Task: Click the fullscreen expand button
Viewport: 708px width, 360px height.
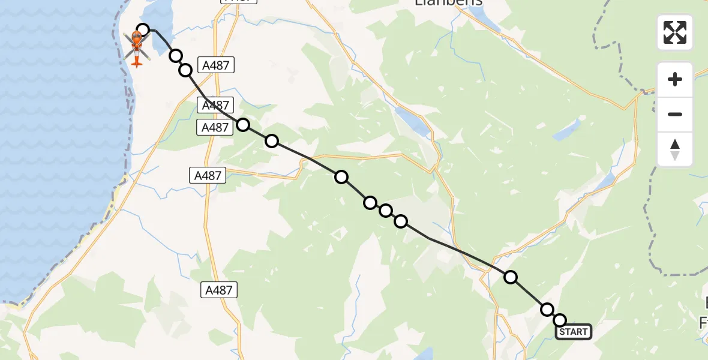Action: click(x=675, y=32)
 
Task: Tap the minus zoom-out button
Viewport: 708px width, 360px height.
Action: click(x=675, y=114)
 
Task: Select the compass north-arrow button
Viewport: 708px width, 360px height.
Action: click(x=675, y=149)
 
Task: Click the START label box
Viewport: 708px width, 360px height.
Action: click(x=574, y=332)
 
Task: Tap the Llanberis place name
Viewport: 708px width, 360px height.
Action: click(x=449, y=3)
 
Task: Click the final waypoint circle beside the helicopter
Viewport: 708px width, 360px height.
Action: click(x=143, y=29)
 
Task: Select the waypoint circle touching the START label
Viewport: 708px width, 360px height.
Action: click(x=560, y=320)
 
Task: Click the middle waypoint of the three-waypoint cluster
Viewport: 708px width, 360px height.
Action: click(x=386, y=211)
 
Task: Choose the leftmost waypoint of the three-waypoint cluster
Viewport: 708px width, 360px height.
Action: click(x=370, y=203)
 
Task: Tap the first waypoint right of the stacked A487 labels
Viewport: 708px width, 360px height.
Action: click(x=243, y=125)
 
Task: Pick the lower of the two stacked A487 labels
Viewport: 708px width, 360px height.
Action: click(x=214, y=127)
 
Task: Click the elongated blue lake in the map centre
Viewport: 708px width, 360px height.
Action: click(x=413, y=122)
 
